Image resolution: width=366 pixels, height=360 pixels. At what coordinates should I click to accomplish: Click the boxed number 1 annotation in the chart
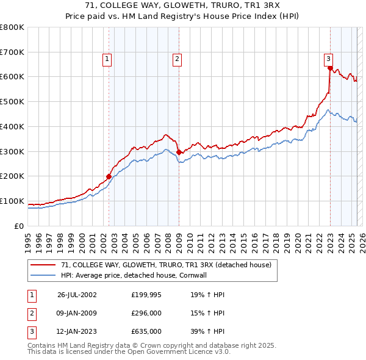coord(107,59)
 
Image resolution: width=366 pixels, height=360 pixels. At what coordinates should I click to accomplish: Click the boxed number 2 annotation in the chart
coord(177,59)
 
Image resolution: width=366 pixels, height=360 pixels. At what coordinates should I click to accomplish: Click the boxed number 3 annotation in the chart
coord(328,59)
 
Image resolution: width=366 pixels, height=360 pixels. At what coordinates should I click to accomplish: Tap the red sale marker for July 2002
coord(109,176)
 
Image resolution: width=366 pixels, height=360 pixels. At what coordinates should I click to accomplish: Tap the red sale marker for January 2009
coord(179,153)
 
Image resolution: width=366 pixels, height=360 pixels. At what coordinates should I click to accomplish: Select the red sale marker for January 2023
coord(330,68)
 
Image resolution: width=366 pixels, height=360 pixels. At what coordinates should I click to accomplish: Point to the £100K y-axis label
coord(12,201)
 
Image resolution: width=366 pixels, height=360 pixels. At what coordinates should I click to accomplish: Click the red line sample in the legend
coord(44,265)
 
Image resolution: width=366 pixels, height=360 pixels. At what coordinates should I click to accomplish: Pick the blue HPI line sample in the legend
coord(44,275)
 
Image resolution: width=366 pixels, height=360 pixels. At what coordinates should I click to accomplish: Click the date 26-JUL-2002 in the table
coord(77,294)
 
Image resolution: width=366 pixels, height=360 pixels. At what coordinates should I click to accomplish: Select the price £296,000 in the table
coord(146,313)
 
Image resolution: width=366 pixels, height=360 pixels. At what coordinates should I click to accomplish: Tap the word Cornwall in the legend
coord(209,275)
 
